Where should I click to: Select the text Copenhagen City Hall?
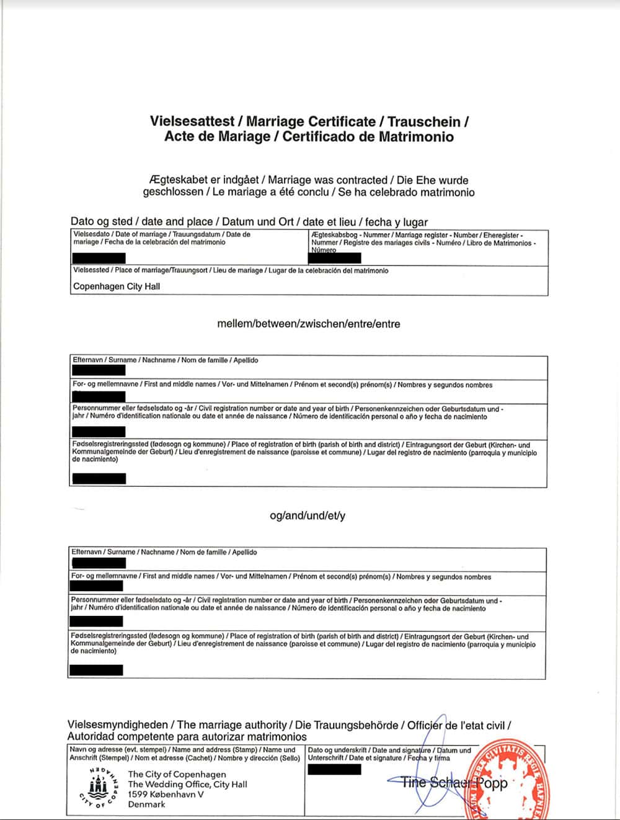click(x=117, y=286)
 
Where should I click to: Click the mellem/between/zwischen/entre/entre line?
click(x=309, y=324)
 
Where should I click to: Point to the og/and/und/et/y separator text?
click(x=308, y=515)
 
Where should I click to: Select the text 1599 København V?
click(x=166, y=794)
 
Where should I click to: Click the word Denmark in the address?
click(x=146, y=804)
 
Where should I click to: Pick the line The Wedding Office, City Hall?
click(x=187, y=784)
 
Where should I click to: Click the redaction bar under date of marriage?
click(x=99, y=258)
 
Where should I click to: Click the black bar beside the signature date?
click(x=334, y=769)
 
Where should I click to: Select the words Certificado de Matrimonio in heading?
click(x=368, y=136)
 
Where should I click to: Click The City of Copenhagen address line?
click(x=177, y=774)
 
